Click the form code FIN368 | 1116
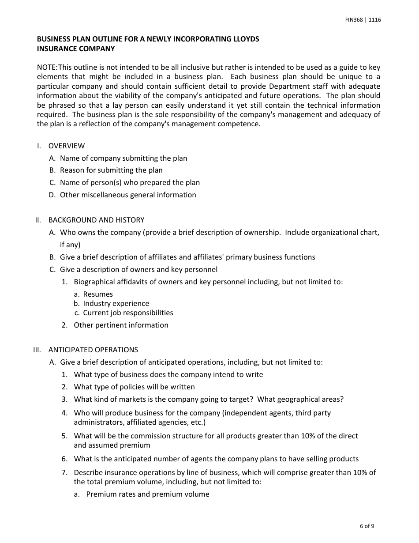pos(363,20)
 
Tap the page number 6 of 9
pos(367,526)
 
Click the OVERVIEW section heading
pos(67,146)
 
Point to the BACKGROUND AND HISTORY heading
pos(96,220)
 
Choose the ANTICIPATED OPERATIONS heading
pos(93,350)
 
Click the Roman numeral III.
pos(37,350)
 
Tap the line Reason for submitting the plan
pos(111,170)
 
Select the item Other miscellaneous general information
pos(128,195)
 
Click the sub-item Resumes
pos(98,294)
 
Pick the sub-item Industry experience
pos(116,303)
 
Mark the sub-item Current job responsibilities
pos(128,313)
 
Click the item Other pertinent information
pos(121,325)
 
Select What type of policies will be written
pos(134,387)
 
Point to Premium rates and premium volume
pos(148,494)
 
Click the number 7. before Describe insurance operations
pos(64,472)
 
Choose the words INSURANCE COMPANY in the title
pos(76,49)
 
